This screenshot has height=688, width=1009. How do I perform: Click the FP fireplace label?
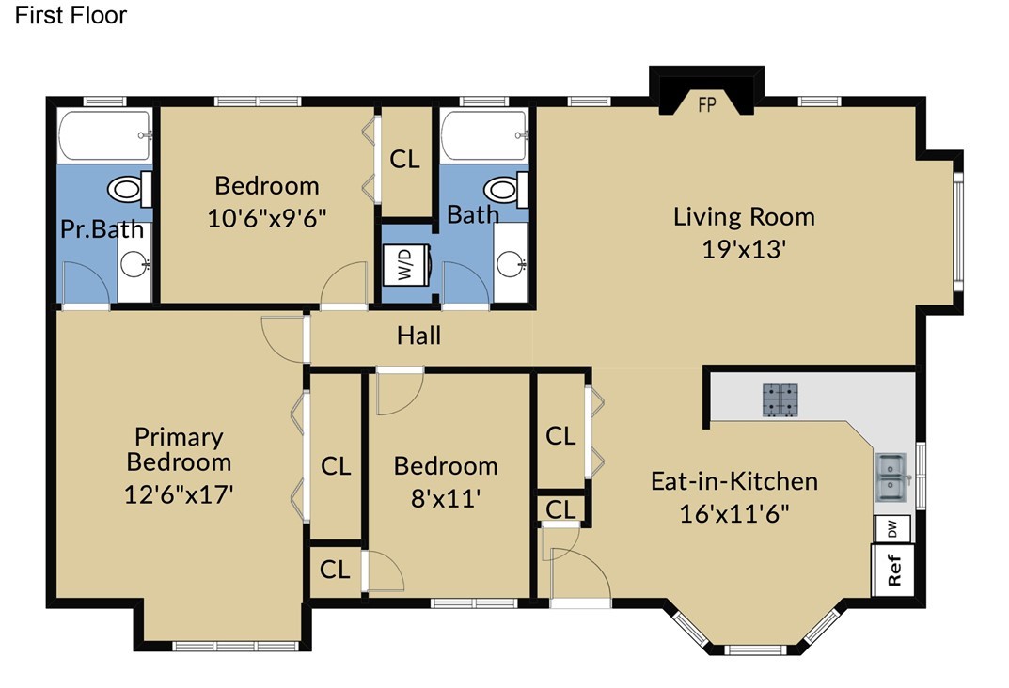pyautogui.click(x=706, y=105)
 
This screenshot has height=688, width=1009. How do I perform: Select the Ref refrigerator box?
pyautogui.click(x=892, y=570)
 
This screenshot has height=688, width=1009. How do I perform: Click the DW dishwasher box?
pyautogui.click(x=891, y=529)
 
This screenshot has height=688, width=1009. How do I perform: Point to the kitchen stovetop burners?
pyautogui.click(x=780, y=399)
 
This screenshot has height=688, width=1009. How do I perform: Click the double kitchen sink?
pyautogui.click(x=892, y=477)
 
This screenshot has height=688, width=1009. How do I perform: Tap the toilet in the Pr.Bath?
pyautogui.click(x=130, y=190)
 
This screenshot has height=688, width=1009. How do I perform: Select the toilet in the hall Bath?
pyautogui.click(x=506, y=190)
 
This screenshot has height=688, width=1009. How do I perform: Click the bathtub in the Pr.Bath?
pyautogui.click(x=105, y=135)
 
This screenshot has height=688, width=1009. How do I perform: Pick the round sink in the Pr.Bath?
pyautogui.click(x=134, y=263)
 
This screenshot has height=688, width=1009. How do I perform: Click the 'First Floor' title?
pyautogui.click(x=71, y=15)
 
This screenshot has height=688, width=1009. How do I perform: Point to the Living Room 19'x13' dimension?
pyautogui.click(x=744, y=249)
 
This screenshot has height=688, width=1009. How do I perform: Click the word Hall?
pyautogui.click(x=418, y=336)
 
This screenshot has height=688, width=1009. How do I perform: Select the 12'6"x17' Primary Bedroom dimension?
pyautogui.click(x=179, y=495)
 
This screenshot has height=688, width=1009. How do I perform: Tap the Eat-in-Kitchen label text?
pyautogui.click(x=734, y=481)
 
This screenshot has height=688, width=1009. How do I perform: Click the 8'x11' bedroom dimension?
pyautogui.click(x=446, y=498)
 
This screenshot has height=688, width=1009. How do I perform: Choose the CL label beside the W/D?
pyautogui.click(x=404, y=159)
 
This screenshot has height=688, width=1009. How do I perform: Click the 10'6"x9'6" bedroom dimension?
pyautogui.click(x=266, y=219)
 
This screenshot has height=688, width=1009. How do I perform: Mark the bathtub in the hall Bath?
pyautogui.click(x=484, y=135)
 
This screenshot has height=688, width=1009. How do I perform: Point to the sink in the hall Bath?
pyautogui.click(x=511, y=262)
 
